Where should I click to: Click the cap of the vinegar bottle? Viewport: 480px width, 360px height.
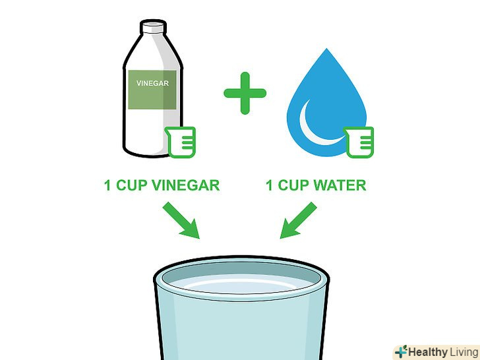coord(154,27)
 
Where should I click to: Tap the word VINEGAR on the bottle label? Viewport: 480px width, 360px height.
coord(152,83)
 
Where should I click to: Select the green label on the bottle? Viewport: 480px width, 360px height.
coord(152,90)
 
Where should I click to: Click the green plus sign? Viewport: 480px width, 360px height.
coord(245,93)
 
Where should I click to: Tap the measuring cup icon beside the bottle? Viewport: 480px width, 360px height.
coord(180,142)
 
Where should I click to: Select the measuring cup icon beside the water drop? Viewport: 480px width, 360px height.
coord(359,142)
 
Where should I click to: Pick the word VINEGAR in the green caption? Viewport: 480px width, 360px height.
coord(186,185)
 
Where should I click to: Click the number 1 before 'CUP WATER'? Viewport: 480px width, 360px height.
coord(269,185)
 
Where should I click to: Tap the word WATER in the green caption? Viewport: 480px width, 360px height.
coord(340,185)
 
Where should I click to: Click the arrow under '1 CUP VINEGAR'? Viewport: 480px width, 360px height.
coord(181,220)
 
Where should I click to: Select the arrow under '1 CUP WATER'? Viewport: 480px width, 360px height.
coord(299,220)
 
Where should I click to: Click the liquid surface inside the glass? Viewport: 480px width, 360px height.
coord(241,285)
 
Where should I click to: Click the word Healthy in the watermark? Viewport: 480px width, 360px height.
coord(427,352)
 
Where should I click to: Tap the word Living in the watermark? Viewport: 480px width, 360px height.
coord(464,352)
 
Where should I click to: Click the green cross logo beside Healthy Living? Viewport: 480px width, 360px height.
coord(401,352)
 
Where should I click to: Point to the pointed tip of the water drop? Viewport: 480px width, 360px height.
coord(326,48)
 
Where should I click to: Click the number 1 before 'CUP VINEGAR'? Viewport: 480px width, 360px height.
coord(107,185)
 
